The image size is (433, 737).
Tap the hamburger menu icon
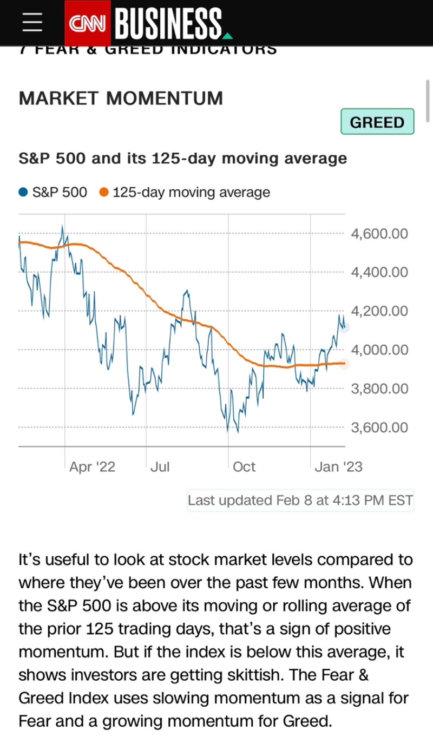click(x=32, y=23)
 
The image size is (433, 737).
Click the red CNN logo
click(x=88, y=23)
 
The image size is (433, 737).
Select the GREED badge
click(x=377, y=122)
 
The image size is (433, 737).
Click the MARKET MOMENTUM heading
click(x=121, y=98)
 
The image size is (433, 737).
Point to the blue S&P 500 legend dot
click(x=23, y=192)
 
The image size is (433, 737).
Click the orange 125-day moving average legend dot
click(x=104, y=192)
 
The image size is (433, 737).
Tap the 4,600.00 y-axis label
click(x=379, y=234)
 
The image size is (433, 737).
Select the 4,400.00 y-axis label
click(x=379, y=272)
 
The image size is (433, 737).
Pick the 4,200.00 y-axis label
click(x=379, y=311)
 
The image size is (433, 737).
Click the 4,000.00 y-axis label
click(x=379, y=350)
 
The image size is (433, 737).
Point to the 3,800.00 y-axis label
click(x=379, y=389)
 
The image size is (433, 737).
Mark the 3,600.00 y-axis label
click(x=379, y=427)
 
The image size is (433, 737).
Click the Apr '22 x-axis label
click(x=92, y=466)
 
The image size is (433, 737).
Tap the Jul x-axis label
click(x=160, y=466)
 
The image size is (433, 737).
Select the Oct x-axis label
click(x=244, y=466)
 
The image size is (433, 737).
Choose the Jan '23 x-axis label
click(x=338, y=466)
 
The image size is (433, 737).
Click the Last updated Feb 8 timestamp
click(x=300, y=500)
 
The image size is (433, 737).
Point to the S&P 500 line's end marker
click(x=345, y=327)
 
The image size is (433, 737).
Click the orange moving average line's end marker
click(x=345, y=364)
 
